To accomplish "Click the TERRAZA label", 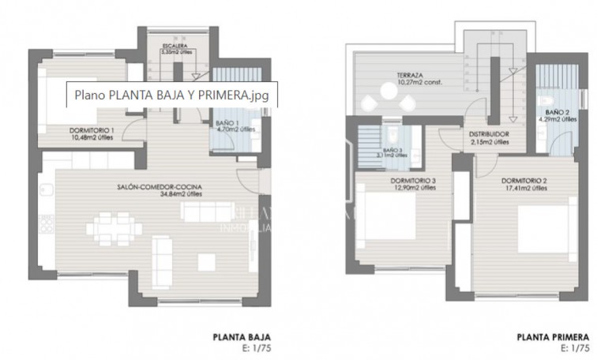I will click(x=408, y=76).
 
